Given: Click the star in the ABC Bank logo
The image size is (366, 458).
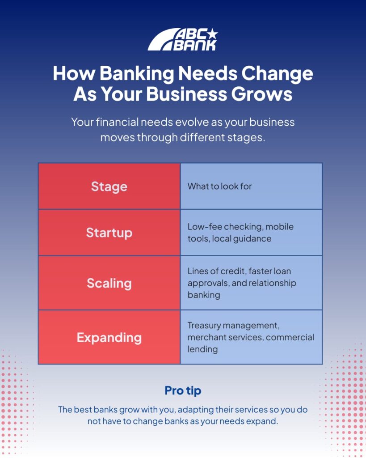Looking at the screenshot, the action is (212, 34).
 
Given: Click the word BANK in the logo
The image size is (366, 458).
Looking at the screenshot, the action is (195, 45).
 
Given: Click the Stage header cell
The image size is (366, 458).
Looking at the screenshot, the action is (109, 187).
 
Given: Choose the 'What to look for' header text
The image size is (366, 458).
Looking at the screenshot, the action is (219, 187).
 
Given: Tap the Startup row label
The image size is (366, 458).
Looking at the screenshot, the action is (109, 233).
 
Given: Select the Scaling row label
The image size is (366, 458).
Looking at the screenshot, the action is (109, 283).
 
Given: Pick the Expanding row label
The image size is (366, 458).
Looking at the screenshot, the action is (109, 338).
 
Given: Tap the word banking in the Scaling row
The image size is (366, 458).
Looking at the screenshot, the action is (204, 295).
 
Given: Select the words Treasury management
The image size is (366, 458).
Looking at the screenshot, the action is (233, 326).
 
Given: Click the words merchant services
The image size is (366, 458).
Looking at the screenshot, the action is (226, 337).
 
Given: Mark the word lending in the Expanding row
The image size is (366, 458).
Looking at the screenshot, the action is (202, 349).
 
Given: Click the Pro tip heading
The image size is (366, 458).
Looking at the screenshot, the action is (183, 391).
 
